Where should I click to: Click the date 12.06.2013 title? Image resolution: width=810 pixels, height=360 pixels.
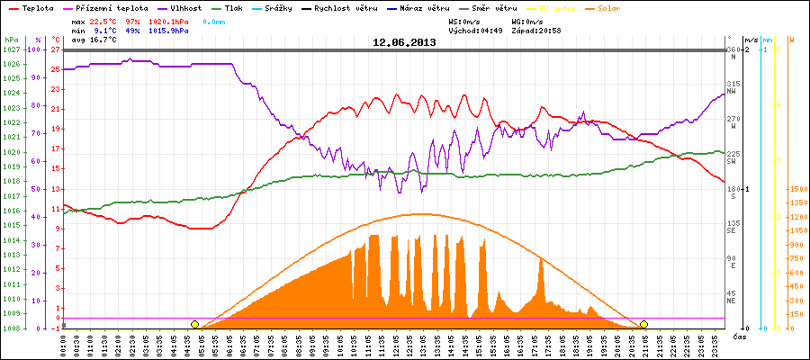point(404,42)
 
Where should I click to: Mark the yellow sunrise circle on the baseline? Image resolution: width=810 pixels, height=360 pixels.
point(194,324)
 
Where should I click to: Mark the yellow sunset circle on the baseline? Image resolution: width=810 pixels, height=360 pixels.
point(643,324)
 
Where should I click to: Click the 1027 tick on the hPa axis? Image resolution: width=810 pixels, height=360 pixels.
point(11,50)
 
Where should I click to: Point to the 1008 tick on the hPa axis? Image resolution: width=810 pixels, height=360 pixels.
point(11,328)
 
